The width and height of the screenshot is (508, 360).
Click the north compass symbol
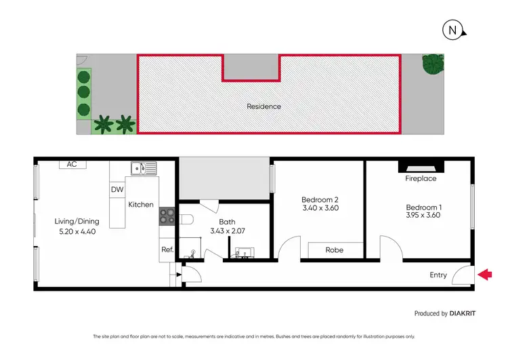(x=451, y=30)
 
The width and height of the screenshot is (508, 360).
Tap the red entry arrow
(x=486, y=275)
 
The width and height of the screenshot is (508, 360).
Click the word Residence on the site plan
(x=263, y=106)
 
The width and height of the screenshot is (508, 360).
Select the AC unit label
(x=72, y=164)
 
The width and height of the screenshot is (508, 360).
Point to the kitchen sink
(x=144, y=167)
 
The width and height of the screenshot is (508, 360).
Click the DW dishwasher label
(x=117, y=190)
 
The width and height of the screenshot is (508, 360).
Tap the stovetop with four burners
(x=167, y=216)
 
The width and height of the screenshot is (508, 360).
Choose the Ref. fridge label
(x=167, y=249)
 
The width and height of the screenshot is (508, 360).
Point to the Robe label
(x=334, y=250)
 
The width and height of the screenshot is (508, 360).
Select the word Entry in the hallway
(x=438, y=275)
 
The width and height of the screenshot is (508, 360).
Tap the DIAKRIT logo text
(x=468, y=314)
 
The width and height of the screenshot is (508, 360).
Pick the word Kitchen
(x=141, y=205)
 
